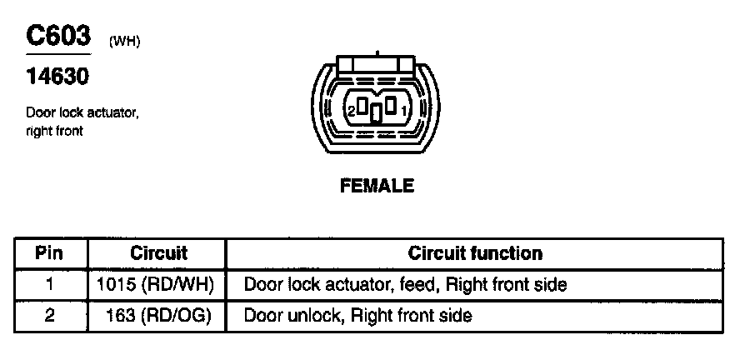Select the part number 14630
tap(57, 77)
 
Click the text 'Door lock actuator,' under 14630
tap(82, 112)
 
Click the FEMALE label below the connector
tap(377, 187)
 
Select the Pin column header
tap(50, 253)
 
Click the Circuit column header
tap(159, 253)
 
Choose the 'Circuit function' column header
tap(475, 253)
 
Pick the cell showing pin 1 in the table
tap(50, 285)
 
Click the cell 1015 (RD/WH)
tap(156, 285)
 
